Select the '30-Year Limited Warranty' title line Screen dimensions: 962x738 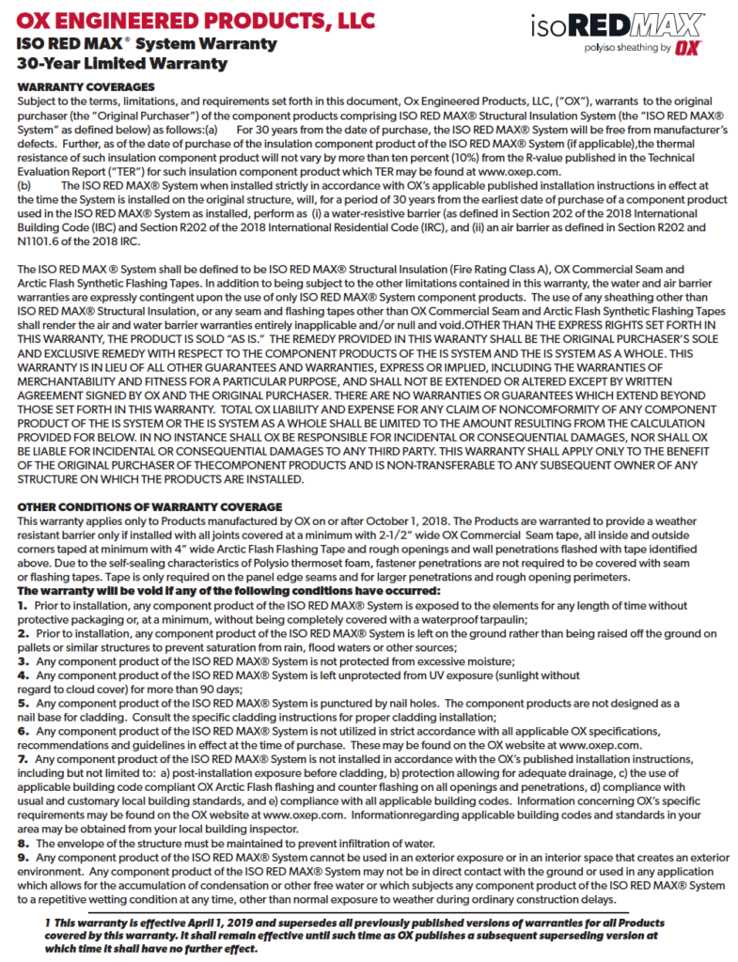coord(122,64)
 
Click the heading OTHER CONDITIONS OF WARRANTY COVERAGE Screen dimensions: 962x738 coord(149,507)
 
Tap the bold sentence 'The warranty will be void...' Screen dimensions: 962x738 coord(228,591)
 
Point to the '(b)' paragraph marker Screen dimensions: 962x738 coord(27,186)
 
